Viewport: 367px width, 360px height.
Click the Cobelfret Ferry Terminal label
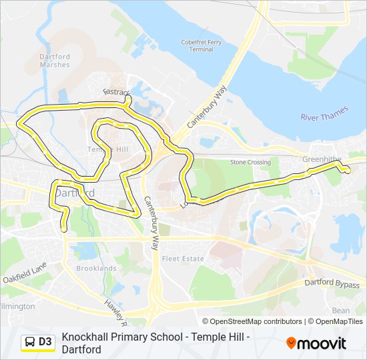pos(197,45)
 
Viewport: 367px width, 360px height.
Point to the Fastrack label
pos(115,92)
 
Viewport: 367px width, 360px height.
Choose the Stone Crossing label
pos(250,162)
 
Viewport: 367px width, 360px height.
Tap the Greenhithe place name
pos(322,159)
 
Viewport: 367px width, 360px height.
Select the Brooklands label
pos(96,268)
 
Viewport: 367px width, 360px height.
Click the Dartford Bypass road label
pos(332,285)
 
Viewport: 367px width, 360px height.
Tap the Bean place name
pos(340,311)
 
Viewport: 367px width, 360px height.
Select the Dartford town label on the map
pos(74,193)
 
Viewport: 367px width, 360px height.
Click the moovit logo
pos(316,343)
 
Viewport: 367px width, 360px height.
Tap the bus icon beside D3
pos(30,342)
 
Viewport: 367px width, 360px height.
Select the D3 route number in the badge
pos(45,342)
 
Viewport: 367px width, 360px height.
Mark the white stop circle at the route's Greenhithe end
pos(346,171)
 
